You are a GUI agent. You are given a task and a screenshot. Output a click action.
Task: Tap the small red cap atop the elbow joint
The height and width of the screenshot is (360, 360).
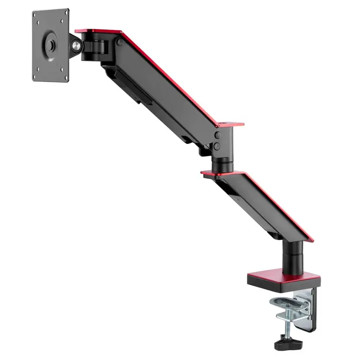pyautogui.click(x=229, y=124)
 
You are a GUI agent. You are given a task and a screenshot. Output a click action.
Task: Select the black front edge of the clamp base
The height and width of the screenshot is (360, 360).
pyautogui.click(x=283, y=283)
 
